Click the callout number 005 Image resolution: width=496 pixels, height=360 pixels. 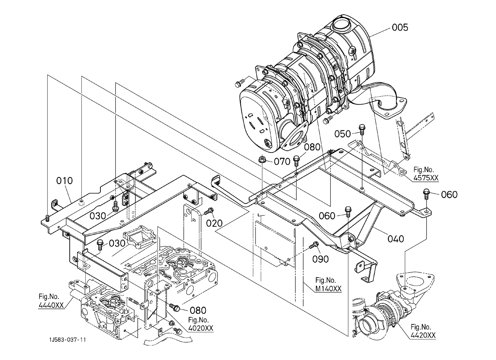tap(400, 28)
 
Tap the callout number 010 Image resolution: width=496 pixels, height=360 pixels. tap(64, 181)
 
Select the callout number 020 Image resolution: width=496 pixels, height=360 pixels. tap(214, 223)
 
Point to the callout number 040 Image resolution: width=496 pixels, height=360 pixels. tap(396, 239)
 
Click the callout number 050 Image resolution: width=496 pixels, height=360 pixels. tap(342, 134)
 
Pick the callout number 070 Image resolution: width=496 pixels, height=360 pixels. tap(282, 161)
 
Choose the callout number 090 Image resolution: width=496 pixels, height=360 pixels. tap(320, 259)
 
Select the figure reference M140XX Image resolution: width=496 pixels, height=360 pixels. tap(328, 289)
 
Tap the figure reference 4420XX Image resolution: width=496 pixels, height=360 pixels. tap(423, 336)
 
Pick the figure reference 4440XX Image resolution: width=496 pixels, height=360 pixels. tap(51, 305)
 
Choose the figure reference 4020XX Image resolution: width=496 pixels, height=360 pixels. tap(201, 328)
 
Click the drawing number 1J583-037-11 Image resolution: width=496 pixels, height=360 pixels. tap(68, 340)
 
